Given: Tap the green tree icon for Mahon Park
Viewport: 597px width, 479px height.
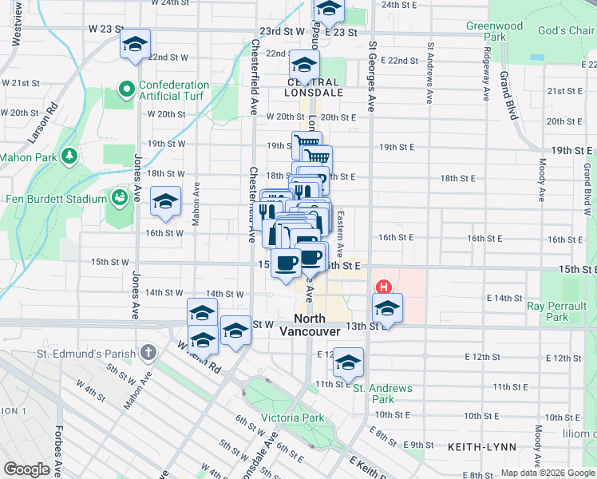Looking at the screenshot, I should click(x=69, y=154).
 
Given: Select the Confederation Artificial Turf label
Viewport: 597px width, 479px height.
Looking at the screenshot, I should click(x=174, y=90).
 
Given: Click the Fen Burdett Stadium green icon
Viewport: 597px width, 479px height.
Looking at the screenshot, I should click(x=121, y=196).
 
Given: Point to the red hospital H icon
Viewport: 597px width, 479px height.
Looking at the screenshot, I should click(x=384, y=287).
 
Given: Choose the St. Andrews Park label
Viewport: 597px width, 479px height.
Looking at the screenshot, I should click(x=384, y=394).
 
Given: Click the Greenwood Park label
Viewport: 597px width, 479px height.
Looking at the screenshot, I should click(x=495, y=31).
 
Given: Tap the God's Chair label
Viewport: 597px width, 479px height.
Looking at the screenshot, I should click(x=566, y=30).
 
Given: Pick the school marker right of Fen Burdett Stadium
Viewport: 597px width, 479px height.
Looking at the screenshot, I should click(x=165, y=202).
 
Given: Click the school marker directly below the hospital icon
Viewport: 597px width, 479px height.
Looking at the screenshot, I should click(x=387, y=309).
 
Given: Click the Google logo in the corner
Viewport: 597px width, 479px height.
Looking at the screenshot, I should click(x=27, y=469).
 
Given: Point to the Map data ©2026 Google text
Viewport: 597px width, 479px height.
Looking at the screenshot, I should click(x=548, y=473).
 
